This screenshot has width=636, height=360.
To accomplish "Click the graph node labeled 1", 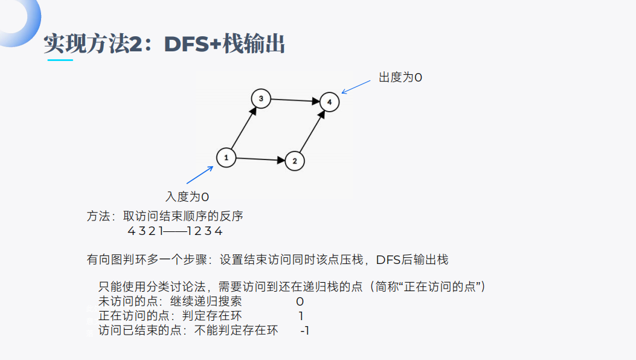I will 225,158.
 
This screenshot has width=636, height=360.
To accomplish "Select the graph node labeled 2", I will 294,161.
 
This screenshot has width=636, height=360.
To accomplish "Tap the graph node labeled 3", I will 260,98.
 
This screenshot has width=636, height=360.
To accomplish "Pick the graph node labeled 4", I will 329,102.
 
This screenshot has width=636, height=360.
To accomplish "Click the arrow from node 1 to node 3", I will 243,128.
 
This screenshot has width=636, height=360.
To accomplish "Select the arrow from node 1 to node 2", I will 260,159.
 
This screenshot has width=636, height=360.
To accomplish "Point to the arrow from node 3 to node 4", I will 295,100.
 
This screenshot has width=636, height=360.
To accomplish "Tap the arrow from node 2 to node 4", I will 312,132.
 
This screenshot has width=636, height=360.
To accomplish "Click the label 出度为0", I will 400,77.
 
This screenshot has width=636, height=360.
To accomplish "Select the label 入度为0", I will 187,197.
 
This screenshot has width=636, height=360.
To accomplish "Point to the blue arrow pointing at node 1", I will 200,175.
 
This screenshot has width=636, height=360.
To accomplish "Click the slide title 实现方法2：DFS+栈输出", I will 164,44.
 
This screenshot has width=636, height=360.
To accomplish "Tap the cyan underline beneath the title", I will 60,60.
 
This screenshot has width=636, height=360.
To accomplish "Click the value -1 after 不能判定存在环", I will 304,330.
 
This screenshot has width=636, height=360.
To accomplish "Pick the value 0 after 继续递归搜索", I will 300,301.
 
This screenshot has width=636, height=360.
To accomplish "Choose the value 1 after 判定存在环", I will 301,316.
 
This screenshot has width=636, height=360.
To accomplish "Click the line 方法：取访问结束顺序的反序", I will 165,216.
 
